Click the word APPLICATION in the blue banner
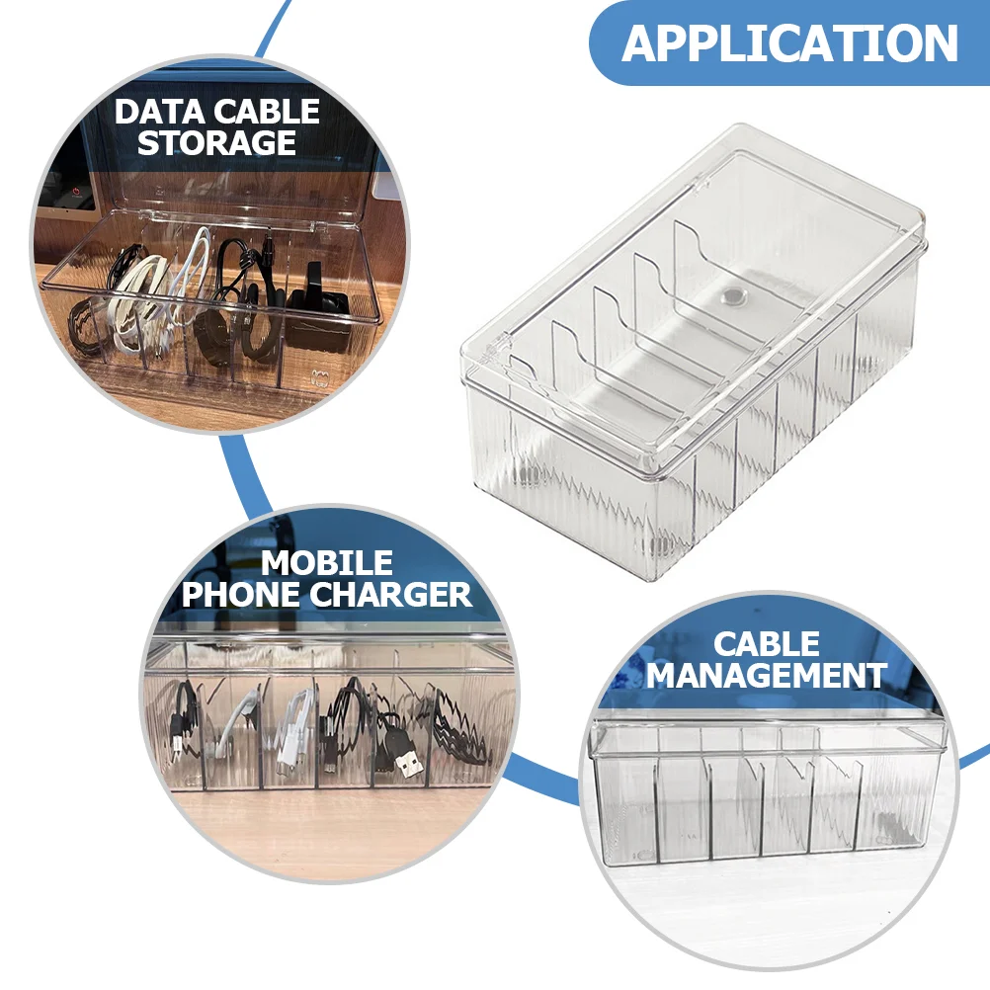(790, 43)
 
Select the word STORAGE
(217, 143)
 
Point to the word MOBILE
(327, 564)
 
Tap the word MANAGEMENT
(767, 677)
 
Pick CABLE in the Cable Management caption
(767, 645)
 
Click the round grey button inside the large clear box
(733, 294)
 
